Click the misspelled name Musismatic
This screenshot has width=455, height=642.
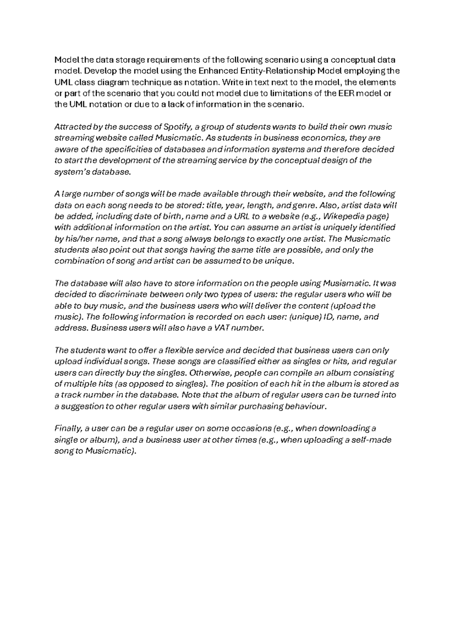pos(347,284)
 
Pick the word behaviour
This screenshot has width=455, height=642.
pos(305,407)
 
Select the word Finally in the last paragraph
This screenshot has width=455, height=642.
pos(67,429)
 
